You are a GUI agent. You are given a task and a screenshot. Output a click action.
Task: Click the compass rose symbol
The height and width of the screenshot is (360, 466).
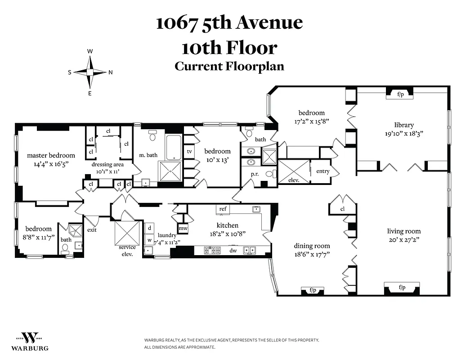[x=90, y=72]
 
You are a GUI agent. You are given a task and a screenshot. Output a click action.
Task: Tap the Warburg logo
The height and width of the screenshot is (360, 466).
[x=30, y=341]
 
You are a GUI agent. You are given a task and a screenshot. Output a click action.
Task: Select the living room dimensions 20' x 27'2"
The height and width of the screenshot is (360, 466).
[x=404, y=239]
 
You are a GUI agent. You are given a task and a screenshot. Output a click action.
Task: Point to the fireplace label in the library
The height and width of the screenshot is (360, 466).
[x=400, y=94]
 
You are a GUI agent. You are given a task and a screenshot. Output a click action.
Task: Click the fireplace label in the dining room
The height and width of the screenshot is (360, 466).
[x=313, y=290]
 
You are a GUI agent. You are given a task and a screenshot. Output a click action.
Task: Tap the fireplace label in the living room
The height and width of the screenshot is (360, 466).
[x=401, y=287]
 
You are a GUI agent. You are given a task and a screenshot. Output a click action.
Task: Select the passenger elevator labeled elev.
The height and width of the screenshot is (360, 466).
[x=294, y=171]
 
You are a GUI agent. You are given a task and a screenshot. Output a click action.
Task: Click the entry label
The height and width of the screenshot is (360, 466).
[x=323, y=171]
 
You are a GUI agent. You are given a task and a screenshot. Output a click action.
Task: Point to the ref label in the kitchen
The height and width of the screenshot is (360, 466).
[x=222, y=209]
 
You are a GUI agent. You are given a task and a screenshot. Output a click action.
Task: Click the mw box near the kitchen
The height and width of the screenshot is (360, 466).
[x=183, y=229]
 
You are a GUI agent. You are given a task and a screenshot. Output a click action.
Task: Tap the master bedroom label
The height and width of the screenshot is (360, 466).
[x=51, y=155]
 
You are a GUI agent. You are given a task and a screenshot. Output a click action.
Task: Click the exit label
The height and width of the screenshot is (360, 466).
[x=92, y=230]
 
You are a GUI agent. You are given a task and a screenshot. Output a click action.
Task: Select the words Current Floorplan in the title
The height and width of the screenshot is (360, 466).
[x=229, y=66]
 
